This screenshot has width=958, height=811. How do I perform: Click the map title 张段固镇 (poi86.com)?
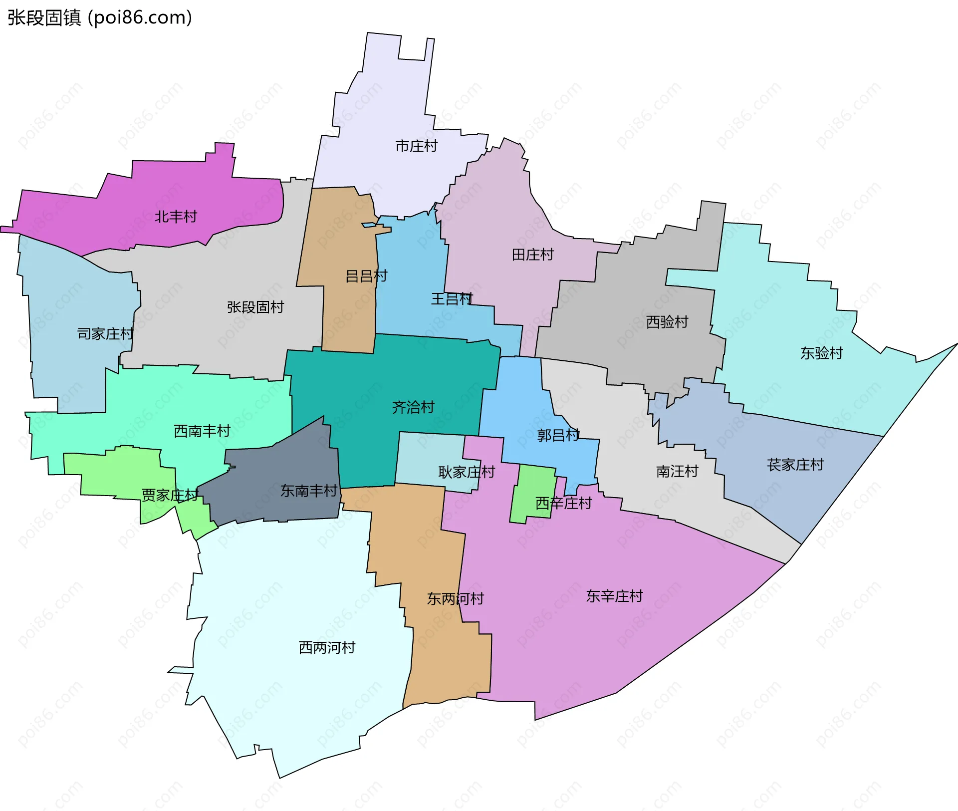pos(100,17)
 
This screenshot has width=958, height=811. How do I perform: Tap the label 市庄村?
pos(416,146)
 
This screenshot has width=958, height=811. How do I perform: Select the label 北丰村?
pos(176,217)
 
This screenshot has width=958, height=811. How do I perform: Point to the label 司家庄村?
pos(105,334)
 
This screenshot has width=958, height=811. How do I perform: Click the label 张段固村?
pos(255,307)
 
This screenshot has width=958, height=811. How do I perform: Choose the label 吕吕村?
pos(366,276)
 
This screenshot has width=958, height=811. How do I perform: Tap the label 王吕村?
pos(452,299)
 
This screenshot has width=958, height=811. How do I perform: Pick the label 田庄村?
pos(532,255)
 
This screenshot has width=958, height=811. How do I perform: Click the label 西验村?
pos(667,322)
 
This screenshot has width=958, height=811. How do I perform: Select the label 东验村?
pos(821,353)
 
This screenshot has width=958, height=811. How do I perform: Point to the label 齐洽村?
pos(413,407)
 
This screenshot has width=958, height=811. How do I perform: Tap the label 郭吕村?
pos(558,435)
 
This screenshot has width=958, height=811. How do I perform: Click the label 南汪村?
pos(677,471)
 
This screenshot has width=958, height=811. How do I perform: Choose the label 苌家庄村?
pos(795,465)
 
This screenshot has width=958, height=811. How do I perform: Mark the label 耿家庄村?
pos(466,472)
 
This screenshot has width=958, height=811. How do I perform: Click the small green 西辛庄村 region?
pos(533,492)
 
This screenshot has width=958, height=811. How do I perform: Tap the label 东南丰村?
pos(309,491)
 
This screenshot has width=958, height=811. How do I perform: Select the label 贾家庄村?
pos(170,495)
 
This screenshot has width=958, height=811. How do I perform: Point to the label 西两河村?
pos(327,648)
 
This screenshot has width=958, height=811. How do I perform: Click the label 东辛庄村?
pos(614,596)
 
